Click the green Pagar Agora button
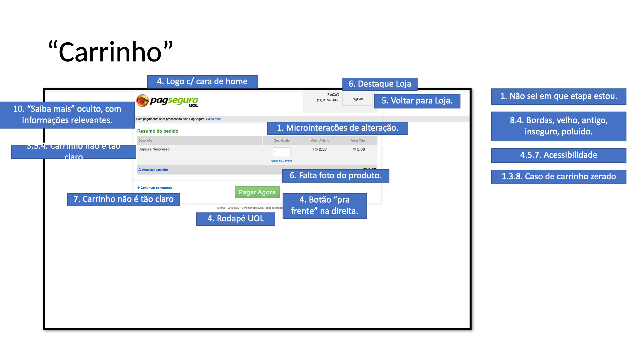pyautogui.click(x=257, y=192)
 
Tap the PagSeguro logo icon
pyautogui.click(x=143, y=101)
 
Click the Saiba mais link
pyautogui.click(x=213, y=119)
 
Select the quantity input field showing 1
pyautogui.click(x=281, y=152)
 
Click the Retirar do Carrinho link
pyautogui.click(x=281, y=161)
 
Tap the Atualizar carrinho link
pyautogui.click(x=153, y=170)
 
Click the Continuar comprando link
pyautogui.click(x=155, y=188)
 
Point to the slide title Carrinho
pyautogui.click(x=110, y=52)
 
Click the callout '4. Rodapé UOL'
pyautogui.click(x=235, y=219)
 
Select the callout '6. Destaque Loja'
pyautogui.click(x=380, y=84)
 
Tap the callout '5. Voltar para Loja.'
pyautogui.click(x=417, y=101)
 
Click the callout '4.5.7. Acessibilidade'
pyautogui.click(x=558, y=155)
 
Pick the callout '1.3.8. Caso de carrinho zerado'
pyautogui.click(x=558, y=176)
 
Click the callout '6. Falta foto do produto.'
pyautogui.click(x=335, y=176)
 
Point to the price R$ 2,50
pyautogui.click(x=320, y=149)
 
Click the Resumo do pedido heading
pyautogui.click(x=158, y=131)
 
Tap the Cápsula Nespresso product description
pyautogui.click(x=154, y=149)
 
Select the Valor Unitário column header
pyautogui.click(x=320, y=141)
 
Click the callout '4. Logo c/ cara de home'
pyautogui.click(x=202, y=81)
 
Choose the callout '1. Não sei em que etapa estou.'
pyautogui.click(x=558, y=96)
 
